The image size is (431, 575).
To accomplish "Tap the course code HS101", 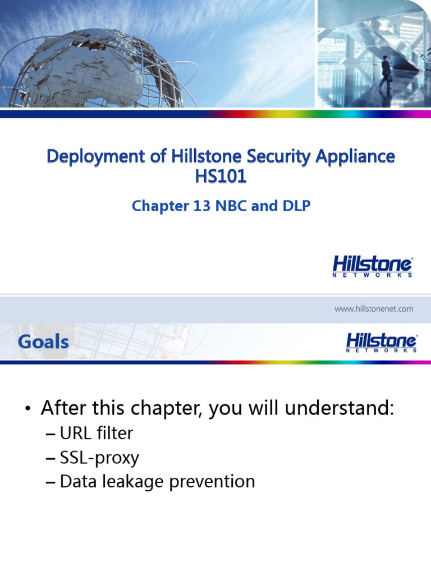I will [221, 177].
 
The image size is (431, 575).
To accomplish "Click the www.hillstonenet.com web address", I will [374, 308].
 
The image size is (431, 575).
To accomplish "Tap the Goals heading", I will [43, 341].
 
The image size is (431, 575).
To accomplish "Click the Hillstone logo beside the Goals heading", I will [381, 342].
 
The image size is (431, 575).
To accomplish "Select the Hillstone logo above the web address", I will [373, 266].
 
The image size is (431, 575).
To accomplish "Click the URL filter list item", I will [97, 433].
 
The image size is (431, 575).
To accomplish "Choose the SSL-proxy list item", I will [99, 458].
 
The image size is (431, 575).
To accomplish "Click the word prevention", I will [216, 482].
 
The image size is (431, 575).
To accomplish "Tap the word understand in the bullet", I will [338, 408].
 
